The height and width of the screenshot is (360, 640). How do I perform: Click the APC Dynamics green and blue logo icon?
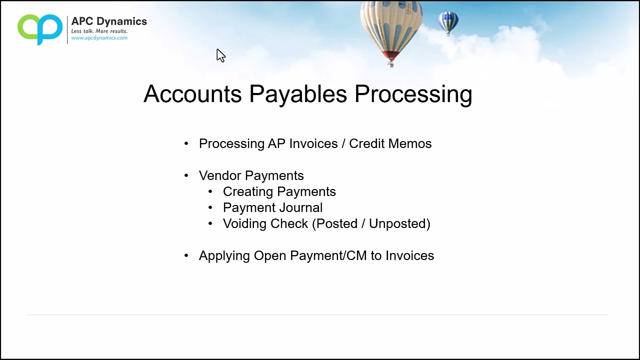[40, 29]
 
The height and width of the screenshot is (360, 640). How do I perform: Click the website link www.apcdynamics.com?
[99, 38]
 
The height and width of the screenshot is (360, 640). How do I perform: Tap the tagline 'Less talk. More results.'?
[99, 31]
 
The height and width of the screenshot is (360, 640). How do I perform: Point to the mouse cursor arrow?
[220, 55]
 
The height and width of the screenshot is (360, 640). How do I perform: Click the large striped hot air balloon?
[390, 30]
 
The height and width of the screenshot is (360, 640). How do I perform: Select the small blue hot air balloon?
[448, 22]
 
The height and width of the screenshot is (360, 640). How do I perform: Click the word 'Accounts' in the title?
[192, 94]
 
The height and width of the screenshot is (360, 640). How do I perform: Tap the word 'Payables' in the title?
[298, 94]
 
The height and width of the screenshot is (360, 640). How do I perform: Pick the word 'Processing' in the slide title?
[413, 94]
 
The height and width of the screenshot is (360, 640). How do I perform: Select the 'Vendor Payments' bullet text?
[251, 175]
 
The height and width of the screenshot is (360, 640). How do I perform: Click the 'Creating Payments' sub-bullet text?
[279, 191]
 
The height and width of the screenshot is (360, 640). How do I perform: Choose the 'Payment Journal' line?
[272, 207]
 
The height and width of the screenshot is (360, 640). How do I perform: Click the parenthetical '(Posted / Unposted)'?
[371, 223]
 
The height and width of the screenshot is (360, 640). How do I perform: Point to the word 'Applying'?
[224, 255]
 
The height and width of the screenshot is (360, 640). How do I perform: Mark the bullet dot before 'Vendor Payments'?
[186, 175]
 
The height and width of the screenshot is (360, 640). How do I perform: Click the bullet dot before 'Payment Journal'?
[210, 207]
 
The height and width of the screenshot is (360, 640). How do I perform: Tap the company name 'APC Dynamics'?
[109, 21]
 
